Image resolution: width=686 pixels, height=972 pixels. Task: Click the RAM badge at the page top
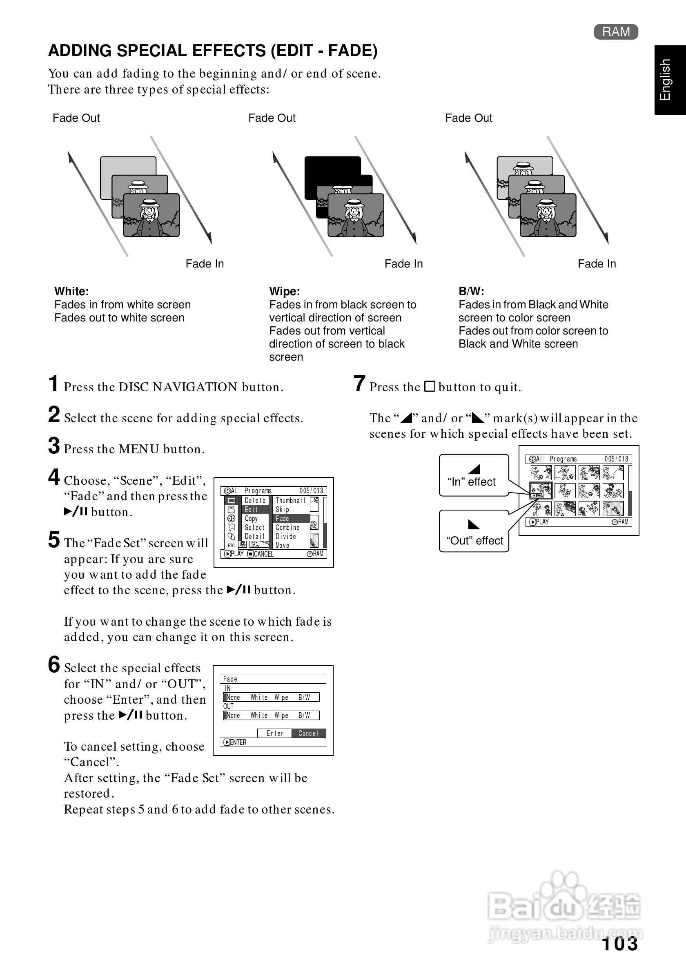tap(616, 32)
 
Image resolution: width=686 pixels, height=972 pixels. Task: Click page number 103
tap(619, 944)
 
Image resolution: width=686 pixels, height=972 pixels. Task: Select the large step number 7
tap(359, 383)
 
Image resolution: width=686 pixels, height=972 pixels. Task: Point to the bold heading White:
tap(71, 291)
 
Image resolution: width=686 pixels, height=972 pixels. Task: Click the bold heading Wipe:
tap(284, 291)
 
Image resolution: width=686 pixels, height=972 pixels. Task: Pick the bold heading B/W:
tap(471, 291)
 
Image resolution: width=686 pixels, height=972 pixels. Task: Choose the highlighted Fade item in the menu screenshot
tap(291, 519)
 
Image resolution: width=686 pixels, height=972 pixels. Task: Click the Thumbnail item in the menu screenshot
tap(290, 501)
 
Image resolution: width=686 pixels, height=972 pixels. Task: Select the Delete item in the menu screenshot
tap(255, 501)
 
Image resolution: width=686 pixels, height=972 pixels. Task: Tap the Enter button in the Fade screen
tap(275, 733)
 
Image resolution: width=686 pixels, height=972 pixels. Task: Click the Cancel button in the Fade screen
tap(308, 733)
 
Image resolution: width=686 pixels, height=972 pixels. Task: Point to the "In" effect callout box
tap(473, 475)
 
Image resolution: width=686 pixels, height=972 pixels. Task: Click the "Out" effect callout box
tap(474, 531)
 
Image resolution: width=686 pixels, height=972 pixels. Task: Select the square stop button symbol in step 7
tap(430, 386)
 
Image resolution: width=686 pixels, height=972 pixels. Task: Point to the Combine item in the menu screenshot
tap(288, 528)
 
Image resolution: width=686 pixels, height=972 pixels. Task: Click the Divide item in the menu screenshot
tap(286, 536)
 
